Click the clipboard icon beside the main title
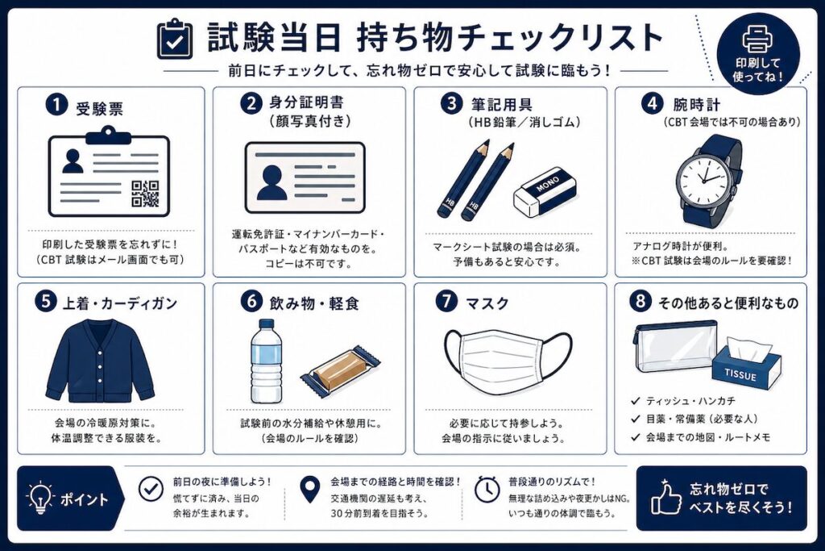[x=175, y=39]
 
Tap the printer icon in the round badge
[x=757, y=40]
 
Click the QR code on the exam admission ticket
[x=145, y=194]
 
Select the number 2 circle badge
[x=251, y=103]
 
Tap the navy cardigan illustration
[x=100, y=360]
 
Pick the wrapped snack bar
[x=341, y=370]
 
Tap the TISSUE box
[x=747, y=360]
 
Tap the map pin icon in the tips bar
[x=310, y=490]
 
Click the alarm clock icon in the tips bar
[x=487, y=490]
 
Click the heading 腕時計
[x=696, y=105]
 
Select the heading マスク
[x=487, y=303]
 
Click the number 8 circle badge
[x=641, y=301]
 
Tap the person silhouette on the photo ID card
[x=272, y=182]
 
